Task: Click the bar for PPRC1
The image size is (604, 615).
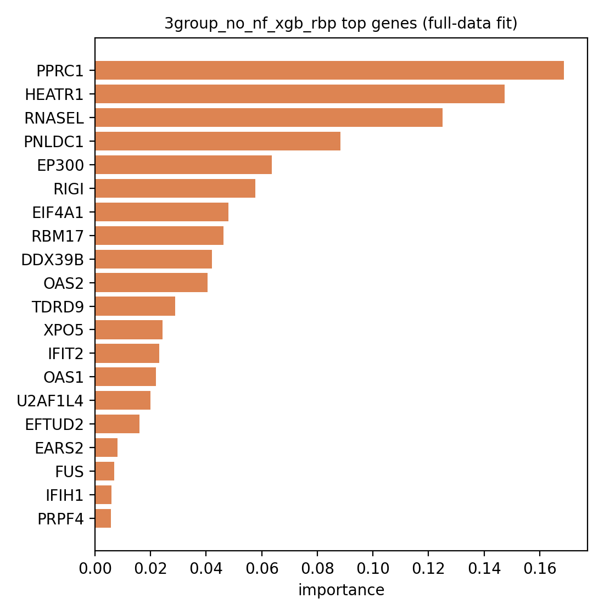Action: tap(329, 71)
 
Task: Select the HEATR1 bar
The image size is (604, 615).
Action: tap(300, 94)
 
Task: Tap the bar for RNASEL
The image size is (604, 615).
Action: tap(269, 118)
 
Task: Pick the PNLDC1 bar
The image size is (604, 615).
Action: tap(217, 141)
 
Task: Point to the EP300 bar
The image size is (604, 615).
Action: tap(183, 165)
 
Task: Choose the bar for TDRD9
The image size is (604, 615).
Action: tap(135, 306)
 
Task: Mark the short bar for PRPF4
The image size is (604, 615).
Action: tap(103, 518)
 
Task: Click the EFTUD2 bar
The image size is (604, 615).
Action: tap(118, 424)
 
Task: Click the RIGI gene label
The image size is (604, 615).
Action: tap(69, 189)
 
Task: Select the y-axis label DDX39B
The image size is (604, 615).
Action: tap(53, 260)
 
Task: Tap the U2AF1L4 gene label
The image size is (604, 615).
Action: tap(50, 401)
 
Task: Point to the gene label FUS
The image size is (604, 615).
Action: tap(69, 472)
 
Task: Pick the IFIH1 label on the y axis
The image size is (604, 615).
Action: tap(65, 495)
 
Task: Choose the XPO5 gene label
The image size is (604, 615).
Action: tap(64, 330)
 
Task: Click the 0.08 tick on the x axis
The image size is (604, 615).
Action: tap(317, 568)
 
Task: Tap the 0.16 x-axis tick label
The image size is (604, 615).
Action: tap(540, 568)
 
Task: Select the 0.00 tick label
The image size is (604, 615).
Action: tap(95, 568)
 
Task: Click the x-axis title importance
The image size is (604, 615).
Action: tap(341, 590)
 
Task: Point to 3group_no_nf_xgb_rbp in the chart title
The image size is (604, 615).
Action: tap(250, 24)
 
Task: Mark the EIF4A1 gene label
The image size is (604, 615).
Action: tap(58, 213)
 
